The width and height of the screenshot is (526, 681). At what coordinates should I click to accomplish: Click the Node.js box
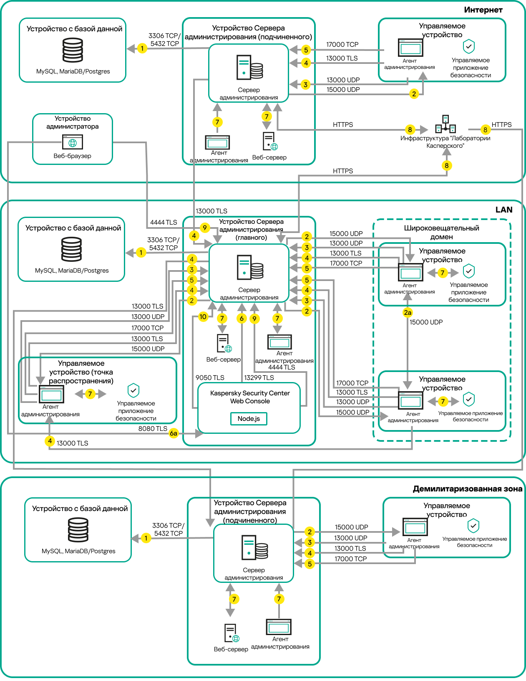[249, 418]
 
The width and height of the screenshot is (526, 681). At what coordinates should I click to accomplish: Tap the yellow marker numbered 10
[203, 316]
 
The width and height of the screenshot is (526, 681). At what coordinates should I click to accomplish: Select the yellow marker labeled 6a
[174, 433]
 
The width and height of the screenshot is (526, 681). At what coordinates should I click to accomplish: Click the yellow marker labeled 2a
[408, 312]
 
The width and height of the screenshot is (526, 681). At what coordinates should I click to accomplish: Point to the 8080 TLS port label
[153, 429]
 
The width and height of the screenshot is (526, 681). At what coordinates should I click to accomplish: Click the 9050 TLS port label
[210, 377]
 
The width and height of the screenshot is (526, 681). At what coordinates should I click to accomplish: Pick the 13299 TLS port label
[259, 377]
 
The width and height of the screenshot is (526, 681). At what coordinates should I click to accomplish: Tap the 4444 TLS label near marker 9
[164, 223]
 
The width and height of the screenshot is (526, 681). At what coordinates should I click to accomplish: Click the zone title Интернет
[483, 10]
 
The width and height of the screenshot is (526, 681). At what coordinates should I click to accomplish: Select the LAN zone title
[503, 210]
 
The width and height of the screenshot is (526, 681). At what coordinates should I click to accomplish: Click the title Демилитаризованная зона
[467, 489]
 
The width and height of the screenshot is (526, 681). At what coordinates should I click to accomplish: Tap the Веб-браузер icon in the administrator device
[73, 142]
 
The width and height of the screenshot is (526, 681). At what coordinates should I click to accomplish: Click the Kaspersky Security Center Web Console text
[250, 397]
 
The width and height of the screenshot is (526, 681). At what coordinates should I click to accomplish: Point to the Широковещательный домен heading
[441, 232]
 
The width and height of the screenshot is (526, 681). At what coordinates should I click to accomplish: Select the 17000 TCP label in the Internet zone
[342, 45]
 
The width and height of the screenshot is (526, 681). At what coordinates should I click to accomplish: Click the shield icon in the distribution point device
[133, 390]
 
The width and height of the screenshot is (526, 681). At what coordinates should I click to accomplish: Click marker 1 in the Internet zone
[142, 48]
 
